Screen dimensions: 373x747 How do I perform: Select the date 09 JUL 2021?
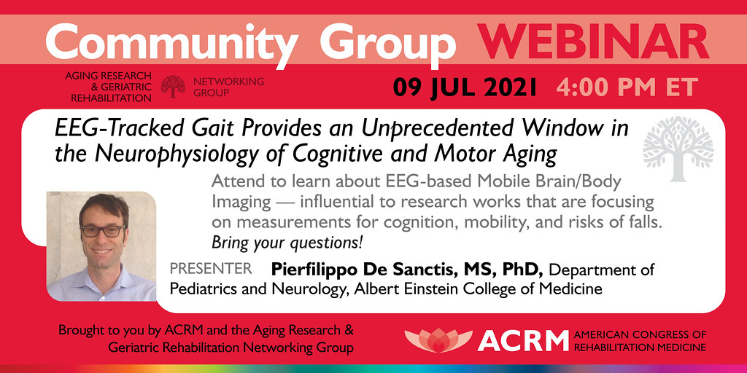(465, 87)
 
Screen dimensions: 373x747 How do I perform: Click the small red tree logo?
(173, 87)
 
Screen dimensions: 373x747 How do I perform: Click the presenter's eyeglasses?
(102, 231)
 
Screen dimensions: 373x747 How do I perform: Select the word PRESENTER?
(211, 269)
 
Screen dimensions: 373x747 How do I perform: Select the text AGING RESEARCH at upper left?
(109, 76)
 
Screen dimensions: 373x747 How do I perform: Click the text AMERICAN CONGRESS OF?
(640, 334)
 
